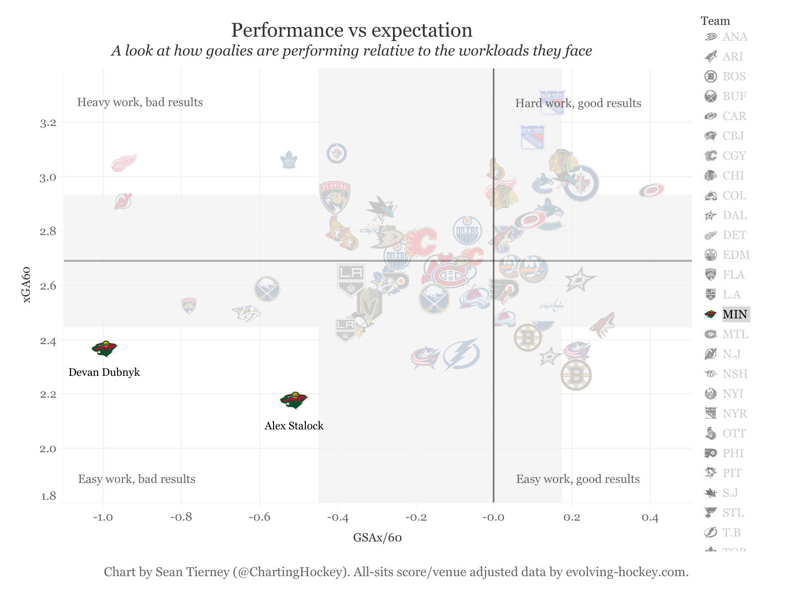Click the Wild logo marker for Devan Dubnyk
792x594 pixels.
click(105, 349)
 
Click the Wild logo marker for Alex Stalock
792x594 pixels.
click(294, 400)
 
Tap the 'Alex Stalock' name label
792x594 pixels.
click(294, 426)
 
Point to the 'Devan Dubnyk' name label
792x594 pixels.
click(104, 372)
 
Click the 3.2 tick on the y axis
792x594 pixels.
click(48, 123)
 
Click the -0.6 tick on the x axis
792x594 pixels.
click(259, 518)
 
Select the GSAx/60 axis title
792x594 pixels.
click(377, 538)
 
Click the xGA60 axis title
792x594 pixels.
click(27, 285)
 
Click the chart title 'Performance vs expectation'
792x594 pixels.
click(351, 30)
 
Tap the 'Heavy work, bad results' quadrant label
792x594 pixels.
click(140, 103)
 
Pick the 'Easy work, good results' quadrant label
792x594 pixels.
click(578, 479)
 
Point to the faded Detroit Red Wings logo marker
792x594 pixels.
click(123, 162)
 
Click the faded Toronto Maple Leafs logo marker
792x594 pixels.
click(288, 160)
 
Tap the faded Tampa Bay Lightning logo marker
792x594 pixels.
click(461, 354)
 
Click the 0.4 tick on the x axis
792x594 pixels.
click(650, 518)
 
